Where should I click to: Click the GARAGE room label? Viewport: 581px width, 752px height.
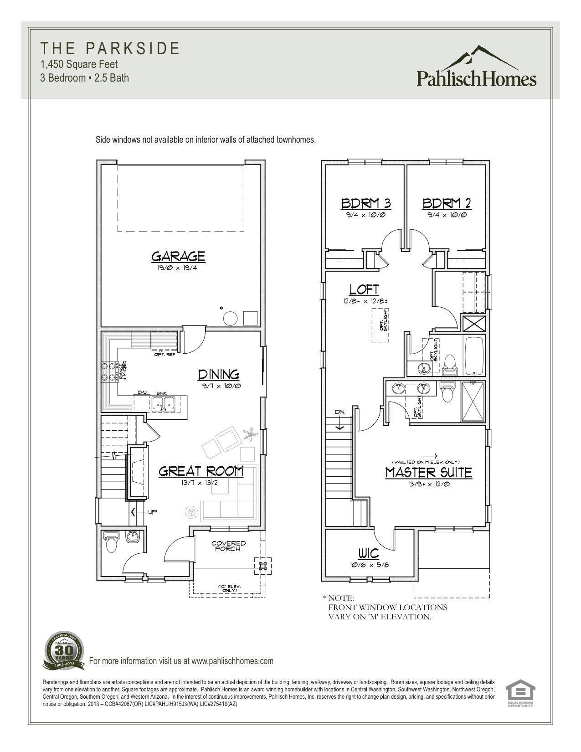click(x=178, y=256)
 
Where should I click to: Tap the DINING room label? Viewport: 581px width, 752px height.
click(x=219, y=375)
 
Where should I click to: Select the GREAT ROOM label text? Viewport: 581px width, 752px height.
click(x=201, y=471)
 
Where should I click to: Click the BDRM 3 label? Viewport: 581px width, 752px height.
click(x=366, y=203)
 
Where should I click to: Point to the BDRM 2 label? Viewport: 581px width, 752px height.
click(x=446, y=203)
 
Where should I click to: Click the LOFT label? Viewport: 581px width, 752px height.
click(x=364, y=289)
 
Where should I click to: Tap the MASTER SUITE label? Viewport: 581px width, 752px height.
click(x=428, y=473)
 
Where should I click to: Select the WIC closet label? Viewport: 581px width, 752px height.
click(x=368, y=553)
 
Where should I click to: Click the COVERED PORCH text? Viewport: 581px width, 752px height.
click(x=228, y=546)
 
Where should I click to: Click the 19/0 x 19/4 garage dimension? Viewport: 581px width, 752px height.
click(x=178, y=268)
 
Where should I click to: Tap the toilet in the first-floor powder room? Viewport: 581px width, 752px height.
click(x=111, y=541)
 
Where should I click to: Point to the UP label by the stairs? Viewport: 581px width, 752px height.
click(x=152, y=512)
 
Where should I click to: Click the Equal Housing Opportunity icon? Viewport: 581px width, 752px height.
click(x=520, y=693)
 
